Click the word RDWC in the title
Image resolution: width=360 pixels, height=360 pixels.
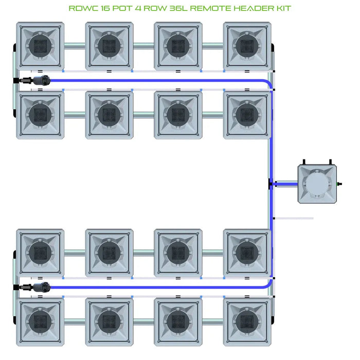coord(83,9)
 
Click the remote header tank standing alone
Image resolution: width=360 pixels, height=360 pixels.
coord(318,183)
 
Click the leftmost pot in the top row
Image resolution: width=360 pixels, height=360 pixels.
coord(40,45)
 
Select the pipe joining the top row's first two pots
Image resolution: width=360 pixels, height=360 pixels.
coord(75,46)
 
